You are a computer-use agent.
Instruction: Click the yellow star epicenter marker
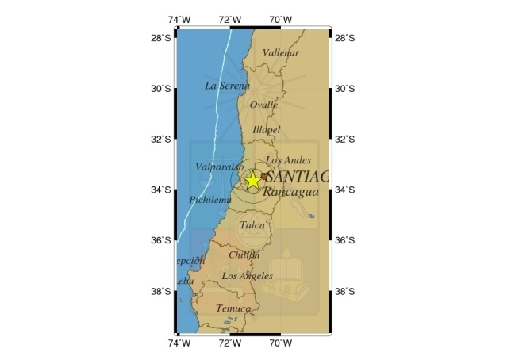click(253, 180)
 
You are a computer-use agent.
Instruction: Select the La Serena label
click(226, 86)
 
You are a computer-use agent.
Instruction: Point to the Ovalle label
click(264, 104)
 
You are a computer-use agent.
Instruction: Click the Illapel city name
click(267, 129)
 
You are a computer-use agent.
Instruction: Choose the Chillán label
click(244, 255)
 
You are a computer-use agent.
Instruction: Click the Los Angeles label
click(247, 276)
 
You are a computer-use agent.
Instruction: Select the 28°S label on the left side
click(162, 38)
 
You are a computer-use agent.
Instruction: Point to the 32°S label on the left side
click(162, 140)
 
